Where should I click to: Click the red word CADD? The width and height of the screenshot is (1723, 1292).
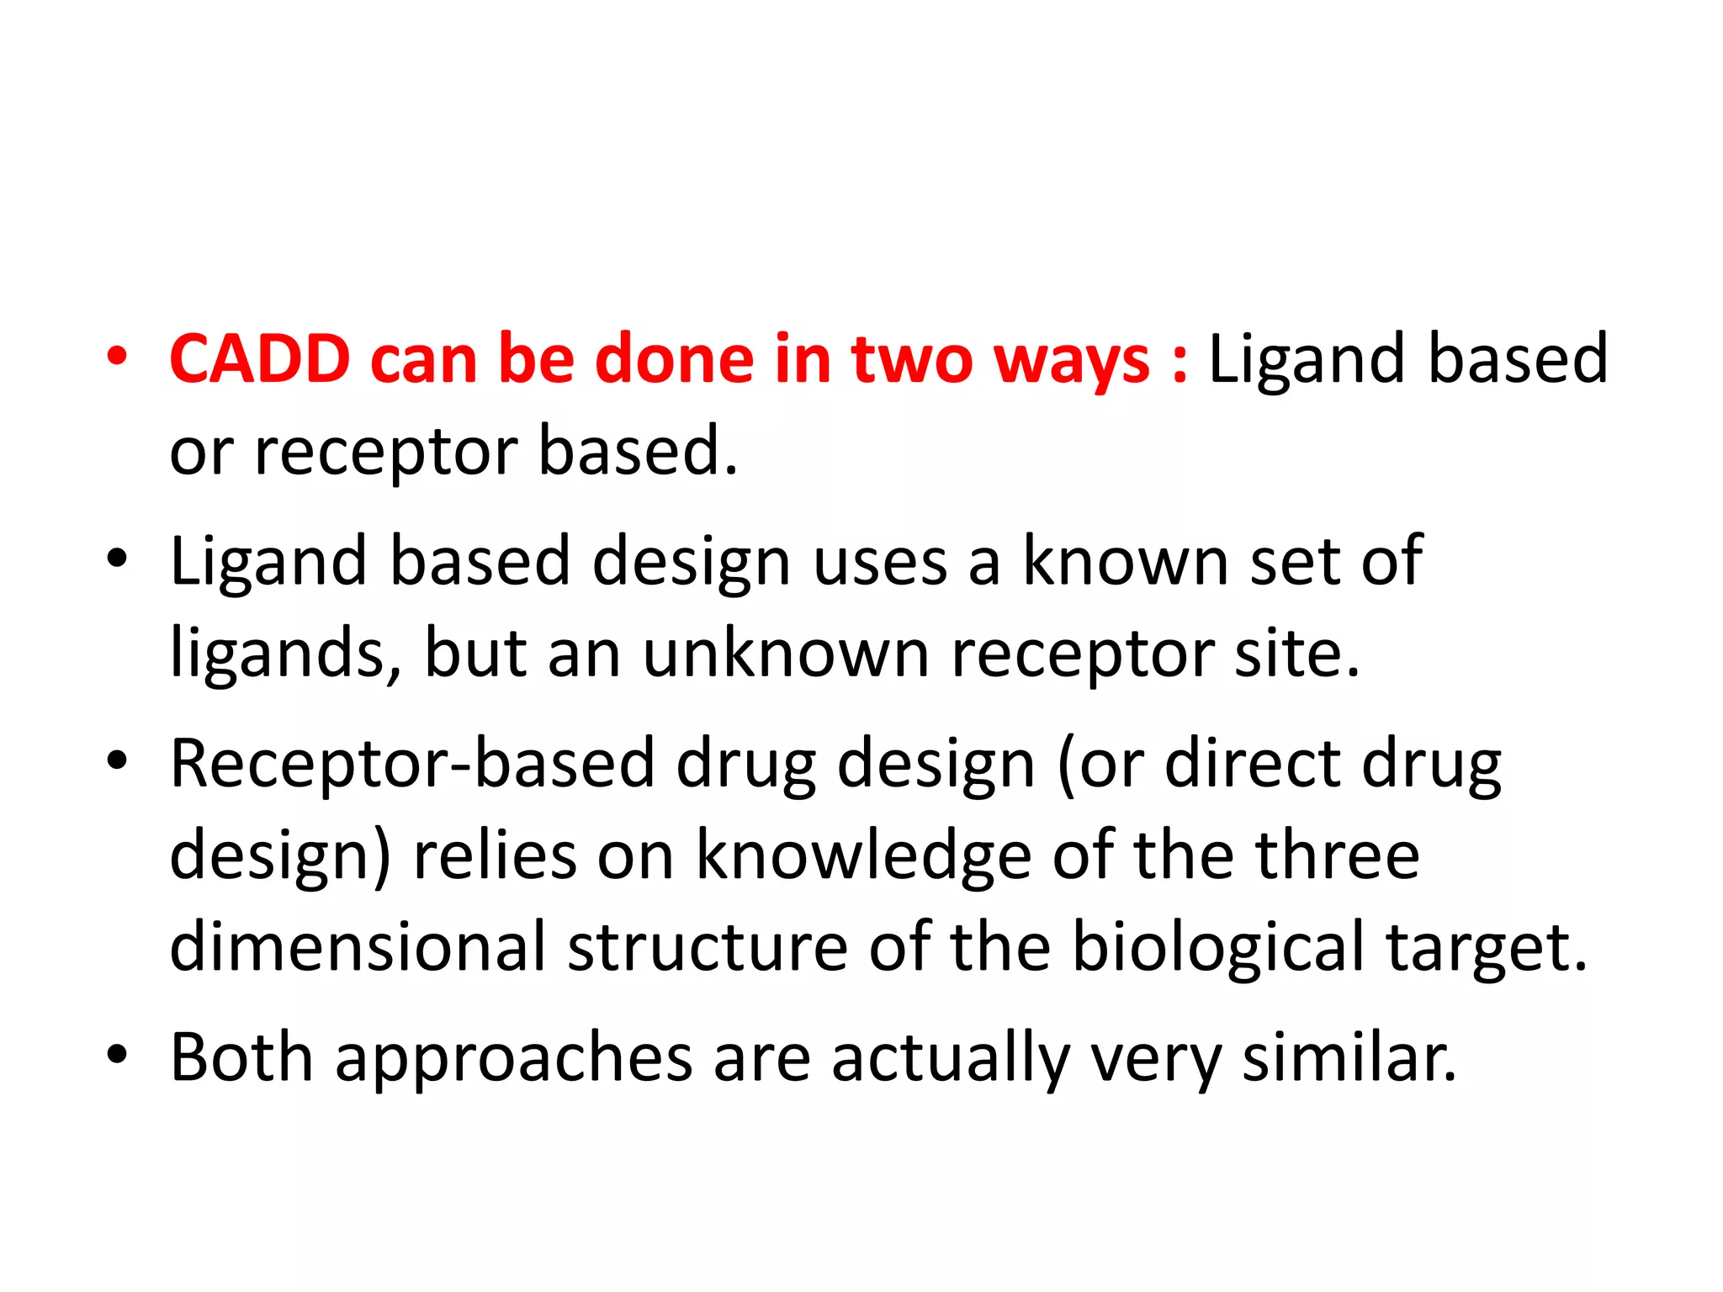point(260,359)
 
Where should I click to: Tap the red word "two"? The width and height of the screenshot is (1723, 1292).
point(911,359)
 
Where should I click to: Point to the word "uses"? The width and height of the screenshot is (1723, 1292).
point(880,562)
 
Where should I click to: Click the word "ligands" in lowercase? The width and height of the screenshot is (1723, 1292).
point(277,654)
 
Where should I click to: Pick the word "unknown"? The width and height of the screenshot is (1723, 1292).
point(786,654)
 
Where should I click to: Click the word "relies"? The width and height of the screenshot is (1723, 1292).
point(495,855)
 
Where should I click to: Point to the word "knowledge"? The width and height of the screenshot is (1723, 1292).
point(863,855)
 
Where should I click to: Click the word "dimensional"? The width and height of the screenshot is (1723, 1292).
point(358,947)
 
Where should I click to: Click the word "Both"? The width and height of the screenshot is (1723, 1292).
point(242,1056)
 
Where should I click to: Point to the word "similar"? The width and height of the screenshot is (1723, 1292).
point(1349,1056)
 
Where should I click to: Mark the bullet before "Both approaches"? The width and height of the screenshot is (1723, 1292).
point(117,1054)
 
